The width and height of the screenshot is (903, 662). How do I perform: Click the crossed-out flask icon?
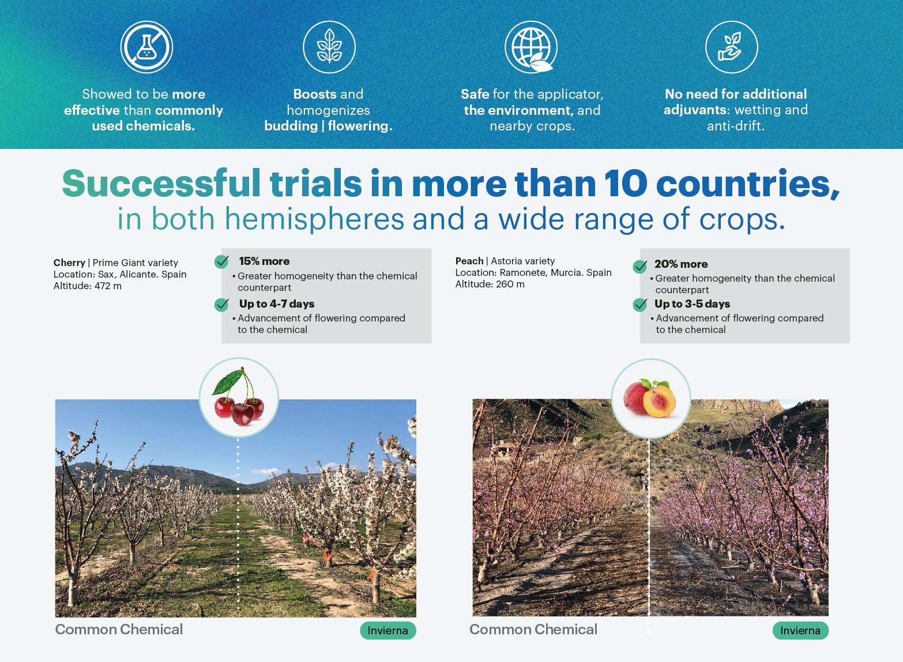[146, 47]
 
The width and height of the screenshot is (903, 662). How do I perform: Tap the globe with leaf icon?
[531, 47]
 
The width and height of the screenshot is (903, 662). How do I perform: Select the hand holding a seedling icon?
[731, 47]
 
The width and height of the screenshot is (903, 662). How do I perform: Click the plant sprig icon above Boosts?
[329, 47]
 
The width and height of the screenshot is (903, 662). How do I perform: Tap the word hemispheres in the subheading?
[314, 219]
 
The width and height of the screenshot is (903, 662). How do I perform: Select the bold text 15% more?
[264, 261]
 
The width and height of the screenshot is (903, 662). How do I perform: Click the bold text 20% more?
[681, 264]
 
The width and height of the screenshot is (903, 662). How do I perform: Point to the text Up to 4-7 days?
[277, 304]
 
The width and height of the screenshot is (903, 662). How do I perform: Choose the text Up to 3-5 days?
[692, 304]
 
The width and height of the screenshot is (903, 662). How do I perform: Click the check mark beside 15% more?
[221, 261]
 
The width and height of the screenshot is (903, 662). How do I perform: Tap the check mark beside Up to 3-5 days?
[639, 305]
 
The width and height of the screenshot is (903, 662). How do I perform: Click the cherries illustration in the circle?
[238, 397]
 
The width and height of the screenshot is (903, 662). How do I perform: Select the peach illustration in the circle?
[650, 398]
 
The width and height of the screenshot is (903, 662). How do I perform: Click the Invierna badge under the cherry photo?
[388, 630]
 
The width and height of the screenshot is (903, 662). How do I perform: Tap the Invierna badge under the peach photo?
[800, 630]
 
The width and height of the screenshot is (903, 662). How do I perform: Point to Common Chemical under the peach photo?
[533, 629]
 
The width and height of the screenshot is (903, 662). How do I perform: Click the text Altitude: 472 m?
[88, 286]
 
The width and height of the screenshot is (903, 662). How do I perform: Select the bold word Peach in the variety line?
[469, 261]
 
